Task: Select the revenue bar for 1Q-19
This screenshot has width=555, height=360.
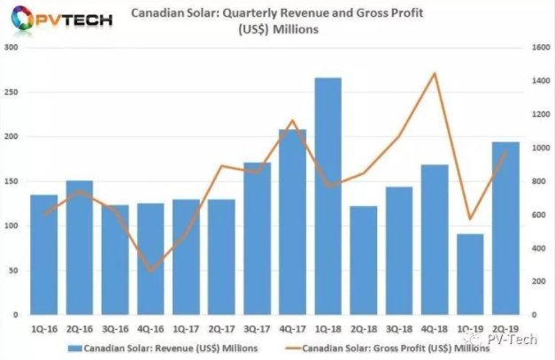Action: click(471, 274)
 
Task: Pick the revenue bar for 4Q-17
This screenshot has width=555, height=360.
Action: click(292, 222)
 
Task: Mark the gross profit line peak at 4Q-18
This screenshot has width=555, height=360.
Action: click(435, 73)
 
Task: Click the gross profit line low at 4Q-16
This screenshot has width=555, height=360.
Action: click(150, 271)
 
